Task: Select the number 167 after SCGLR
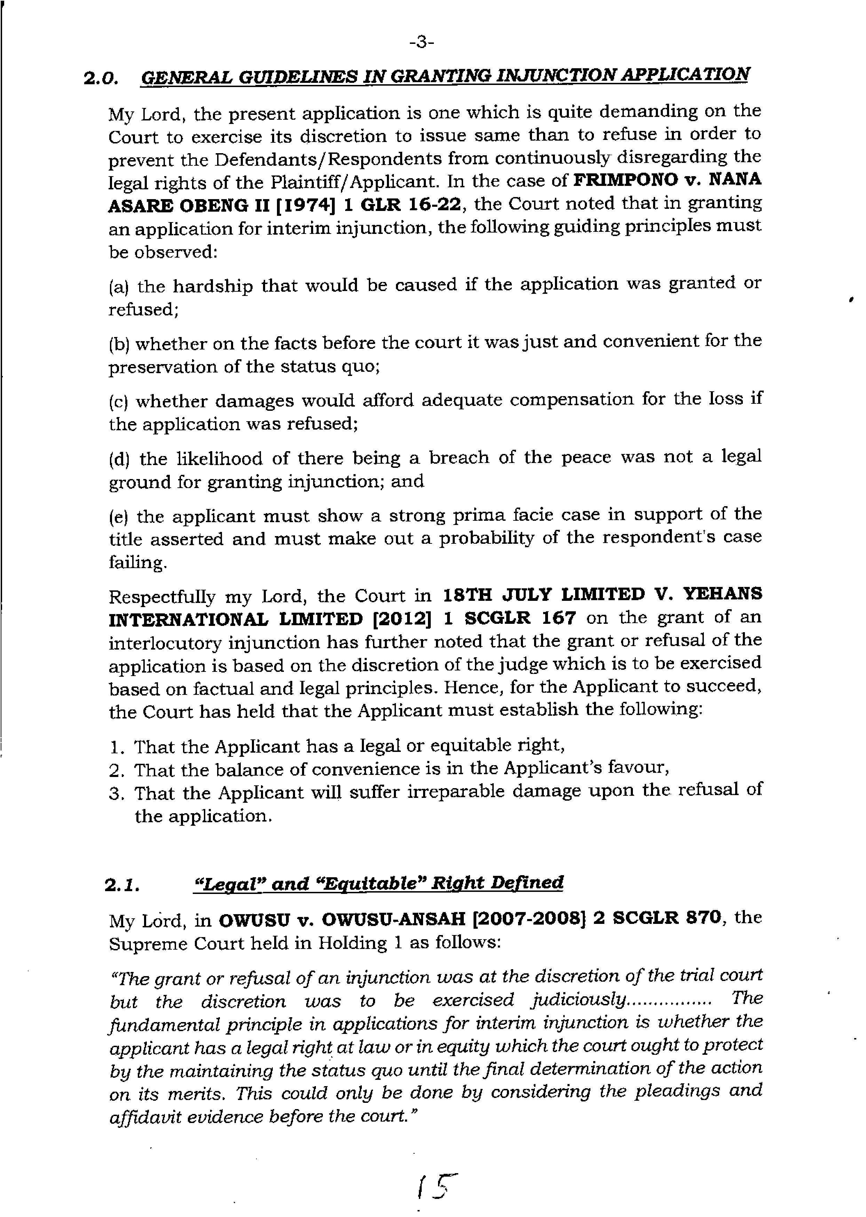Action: coord(558,618)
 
